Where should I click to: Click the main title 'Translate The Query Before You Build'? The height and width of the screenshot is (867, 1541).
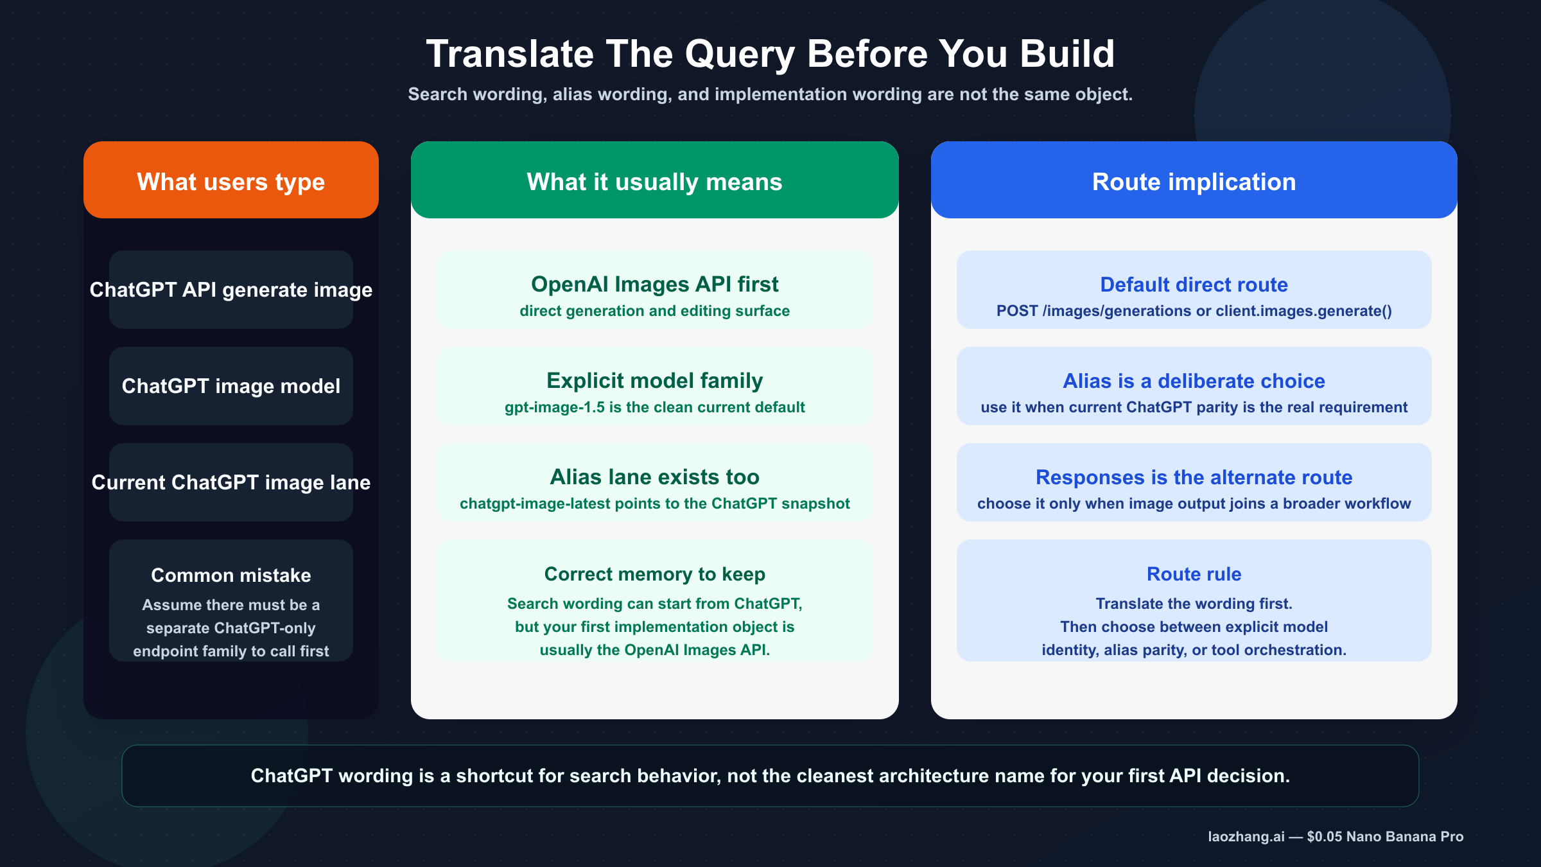click(x=770, y=53)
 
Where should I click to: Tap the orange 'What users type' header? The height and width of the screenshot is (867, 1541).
click(x=231, y=182)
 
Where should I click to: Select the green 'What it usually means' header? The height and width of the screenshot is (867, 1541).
click(x=654, y=182)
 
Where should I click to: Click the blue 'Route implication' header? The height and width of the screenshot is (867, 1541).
click(x=1194, y=182)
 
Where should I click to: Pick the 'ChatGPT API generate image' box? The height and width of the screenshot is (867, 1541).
click(x=231, y=290)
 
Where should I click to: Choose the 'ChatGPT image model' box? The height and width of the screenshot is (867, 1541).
click(x=231, y=386)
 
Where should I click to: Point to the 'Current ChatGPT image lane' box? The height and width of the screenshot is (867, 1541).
click(x=231, y=482)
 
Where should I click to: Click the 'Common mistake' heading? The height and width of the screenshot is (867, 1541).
click(x=231, y=575)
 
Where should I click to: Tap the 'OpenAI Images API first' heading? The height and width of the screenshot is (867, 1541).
click(x=654, y=284)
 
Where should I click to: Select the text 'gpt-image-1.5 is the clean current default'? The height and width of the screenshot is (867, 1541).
click(x=654, y=407)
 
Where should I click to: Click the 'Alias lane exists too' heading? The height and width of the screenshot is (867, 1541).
click(x=654, y=477)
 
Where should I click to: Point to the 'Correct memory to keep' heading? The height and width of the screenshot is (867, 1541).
click(x=654, y=574)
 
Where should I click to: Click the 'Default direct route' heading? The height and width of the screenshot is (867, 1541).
click(x=1194, y=285)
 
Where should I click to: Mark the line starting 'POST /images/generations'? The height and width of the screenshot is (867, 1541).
click(x=1194, y=311)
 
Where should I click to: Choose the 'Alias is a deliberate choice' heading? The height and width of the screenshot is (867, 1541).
click(x=1194, y=381)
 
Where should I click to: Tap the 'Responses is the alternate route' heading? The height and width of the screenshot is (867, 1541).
click(x=1194, y=477)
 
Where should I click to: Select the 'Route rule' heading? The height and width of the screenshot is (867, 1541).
click(x=1194, y=574)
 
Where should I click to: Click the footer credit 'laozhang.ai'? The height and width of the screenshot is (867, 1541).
click(x=1246, y=836)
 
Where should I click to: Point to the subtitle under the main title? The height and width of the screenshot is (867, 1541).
click(x=770, y=94)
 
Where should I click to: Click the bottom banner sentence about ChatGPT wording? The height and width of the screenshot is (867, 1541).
click(x=770, y=776)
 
